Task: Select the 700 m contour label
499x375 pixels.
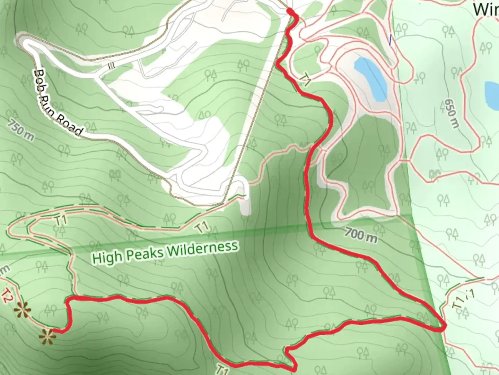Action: point(361,235)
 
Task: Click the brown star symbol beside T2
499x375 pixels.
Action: point(22,309)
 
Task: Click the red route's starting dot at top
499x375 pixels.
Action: point(290,12)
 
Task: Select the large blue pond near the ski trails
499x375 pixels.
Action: point(371,79)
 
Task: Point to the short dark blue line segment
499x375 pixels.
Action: point(391,40)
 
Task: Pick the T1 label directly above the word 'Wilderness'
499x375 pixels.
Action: point(202,228)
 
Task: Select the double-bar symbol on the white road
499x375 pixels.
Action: point(111,66)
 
